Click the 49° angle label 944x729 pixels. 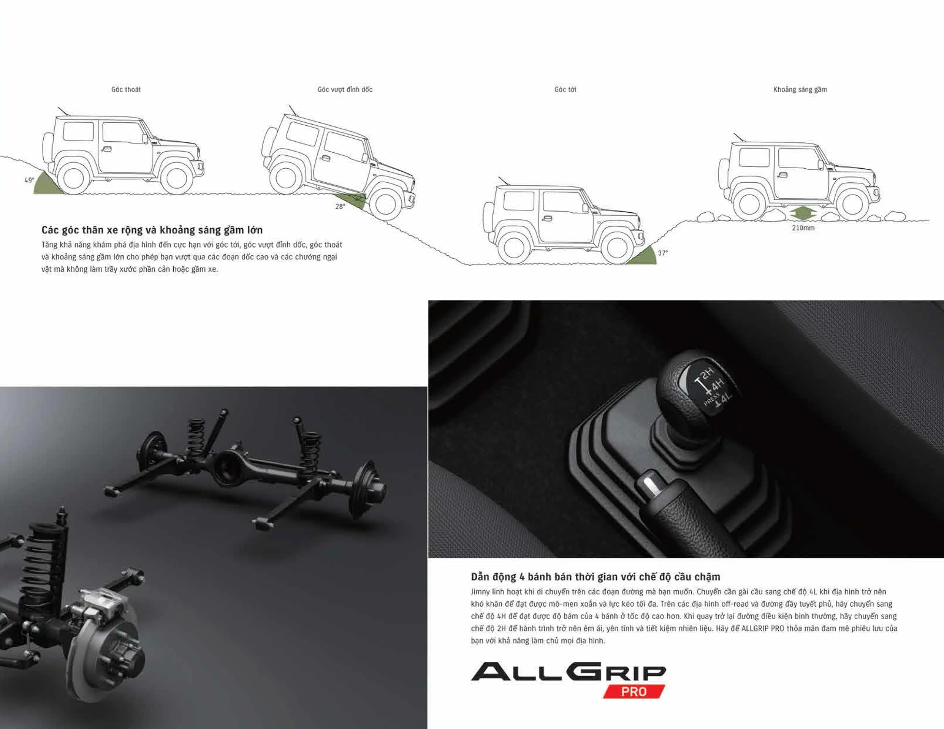click(29, 180)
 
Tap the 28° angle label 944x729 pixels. click(340, 207)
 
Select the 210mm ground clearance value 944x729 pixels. click(803, 228)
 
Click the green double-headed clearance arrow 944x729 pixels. click(803, 213)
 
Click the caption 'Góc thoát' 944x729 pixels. click(126, 89)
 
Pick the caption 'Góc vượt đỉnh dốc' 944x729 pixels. click(345, 89)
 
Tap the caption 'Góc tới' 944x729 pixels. click(565, 89)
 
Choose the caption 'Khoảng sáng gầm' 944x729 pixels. click(800, 89)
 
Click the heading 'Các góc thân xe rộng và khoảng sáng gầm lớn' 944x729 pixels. click(152, 230)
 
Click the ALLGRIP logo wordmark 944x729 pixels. click(569, 672)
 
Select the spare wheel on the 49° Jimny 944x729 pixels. click(47, 148)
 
